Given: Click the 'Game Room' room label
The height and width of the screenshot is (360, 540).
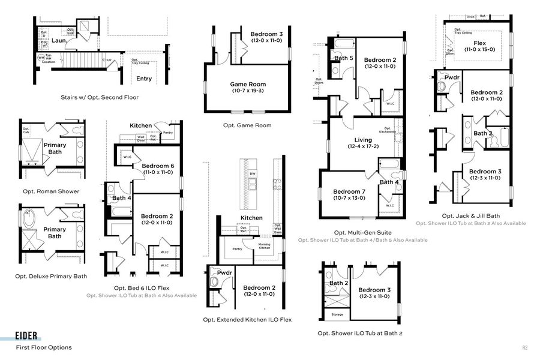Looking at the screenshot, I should click(x=248, y=85).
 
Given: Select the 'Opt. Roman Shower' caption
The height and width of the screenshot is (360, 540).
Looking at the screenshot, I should click(x=51, y=191).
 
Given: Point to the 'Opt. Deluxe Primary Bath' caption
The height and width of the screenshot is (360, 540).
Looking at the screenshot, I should click(x=51, y=276).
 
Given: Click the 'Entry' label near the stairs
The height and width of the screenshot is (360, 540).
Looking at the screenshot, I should click(x=144, y=79).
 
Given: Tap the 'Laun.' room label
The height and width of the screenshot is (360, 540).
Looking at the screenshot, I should click(x=58, y=41).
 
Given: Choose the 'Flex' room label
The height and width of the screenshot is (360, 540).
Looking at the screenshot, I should click(x=479, y=43).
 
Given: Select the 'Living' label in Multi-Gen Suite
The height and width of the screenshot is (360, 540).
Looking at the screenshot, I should click(x=363, y=140).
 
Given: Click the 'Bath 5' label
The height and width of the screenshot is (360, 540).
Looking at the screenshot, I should click(x=344, y=58).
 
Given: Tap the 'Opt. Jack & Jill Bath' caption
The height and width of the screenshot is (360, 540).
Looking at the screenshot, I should click(x=470, y=216).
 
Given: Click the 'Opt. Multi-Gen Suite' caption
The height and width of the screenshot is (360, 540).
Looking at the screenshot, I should click(x=362, y=232).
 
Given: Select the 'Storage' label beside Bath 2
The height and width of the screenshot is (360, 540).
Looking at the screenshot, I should click(x=337, y=314).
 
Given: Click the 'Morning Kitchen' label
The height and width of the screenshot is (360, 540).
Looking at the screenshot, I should click(x=264, y=245).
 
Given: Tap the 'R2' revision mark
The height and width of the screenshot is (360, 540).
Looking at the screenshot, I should click(x=525, y=347).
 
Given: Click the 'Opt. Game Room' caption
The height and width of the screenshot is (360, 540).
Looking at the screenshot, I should click(x=247, y=125).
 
